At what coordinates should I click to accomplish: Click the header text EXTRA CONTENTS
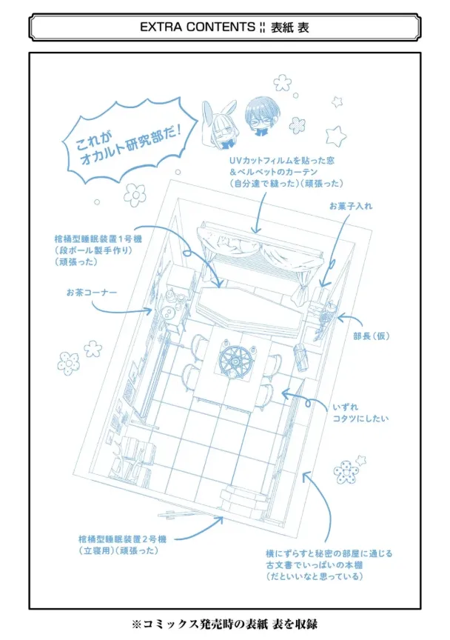pos(198,27)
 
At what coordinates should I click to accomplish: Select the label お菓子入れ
pos(351,206)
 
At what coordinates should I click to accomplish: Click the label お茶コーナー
pos(91,293)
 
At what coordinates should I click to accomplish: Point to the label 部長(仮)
pos(372,336)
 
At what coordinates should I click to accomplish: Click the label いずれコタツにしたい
pos(360,413)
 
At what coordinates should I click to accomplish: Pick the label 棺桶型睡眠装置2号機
pos(122,539)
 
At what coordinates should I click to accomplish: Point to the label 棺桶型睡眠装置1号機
pos(98,239)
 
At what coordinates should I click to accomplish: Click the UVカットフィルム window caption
pos(286,172)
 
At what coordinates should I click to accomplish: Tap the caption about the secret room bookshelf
pos(329,565)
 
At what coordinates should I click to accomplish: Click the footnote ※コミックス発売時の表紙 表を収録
pos(224,624)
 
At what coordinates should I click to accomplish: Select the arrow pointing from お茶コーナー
pos(121,308)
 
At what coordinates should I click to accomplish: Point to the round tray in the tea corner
pos(168,313)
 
